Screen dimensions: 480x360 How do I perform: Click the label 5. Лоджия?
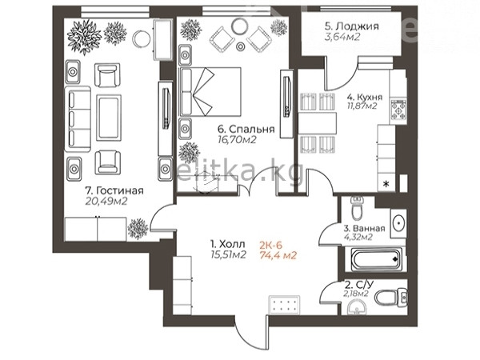click(x=352, y=26)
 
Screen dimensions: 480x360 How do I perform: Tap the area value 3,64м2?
click(x=342, y=37)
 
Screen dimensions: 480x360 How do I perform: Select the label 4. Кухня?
click(x=365, y=97)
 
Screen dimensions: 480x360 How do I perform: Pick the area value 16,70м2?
click(x=237, y=140)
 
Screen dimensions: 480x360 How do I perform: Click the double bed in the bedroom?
click(x=210, y=92)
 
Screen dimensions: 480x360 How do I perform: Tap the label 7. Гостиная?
click(x=114, y=190)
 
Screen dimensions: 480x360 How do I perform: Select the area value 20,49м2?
click(x=106, y=201)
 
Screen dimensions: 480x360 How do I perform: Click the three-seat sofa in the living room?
click(x=78, y=119)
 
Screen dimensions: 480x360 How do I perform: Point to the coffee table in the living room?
click(x=109, y=118)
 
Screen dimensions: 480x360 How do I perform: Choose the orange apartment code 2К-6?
click(x=271, y=245)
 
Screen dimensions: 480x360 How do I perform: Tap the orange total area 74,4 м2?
click(x=278, y=255)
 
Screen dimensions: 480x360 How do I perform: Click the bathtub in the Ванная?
click(x=376, y=259)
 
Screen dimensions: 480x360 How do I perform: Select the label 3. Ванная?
click(x=364, y=228)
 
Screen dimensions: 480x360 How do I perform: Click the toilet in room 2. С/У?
click(x=391, y=298)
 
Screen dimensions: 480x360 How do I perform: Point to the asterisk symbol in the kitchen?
click(x=386, y=184)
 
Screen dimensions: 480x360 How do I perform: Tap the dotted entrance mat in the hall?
click(x=284, y=305)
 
